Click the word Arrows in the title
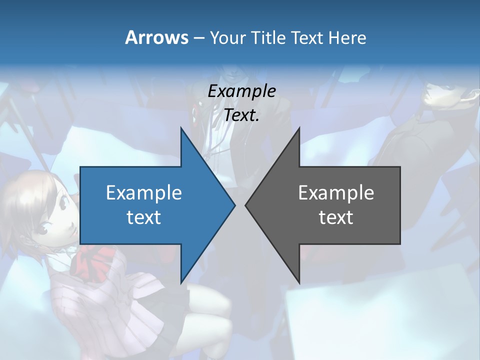[156, 37]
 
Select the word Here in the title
[347, 38]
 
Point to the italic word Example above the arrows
[242, 91]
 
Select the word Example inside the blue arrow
[144, 192]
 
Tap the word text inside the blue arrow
[144, 217]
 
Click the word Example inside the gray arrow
[336, 192]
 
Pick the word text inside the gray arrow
[336, 217]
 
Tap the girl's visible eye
[41, 229]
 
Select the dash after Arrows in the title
[198, 38]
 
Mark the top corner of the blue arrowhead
[181, 128]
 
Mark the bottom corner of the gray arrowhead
[299, 282]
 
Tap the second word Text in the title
[308, 38]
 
